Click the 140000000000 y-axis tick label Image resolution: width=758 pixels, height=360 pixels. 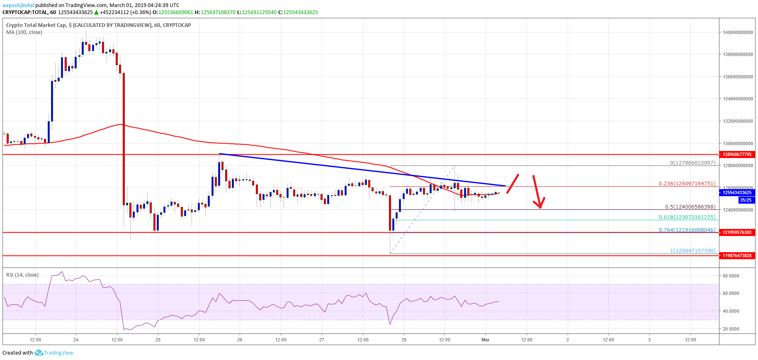tap(738, 32)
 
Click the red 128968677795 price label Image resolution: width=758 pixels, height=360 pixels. tap(737, 154)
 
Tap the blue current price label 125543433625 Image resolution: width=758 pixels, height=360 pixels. tap(737, 192)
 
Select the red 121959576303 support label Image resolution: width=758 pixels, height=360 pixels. tap(737, 232)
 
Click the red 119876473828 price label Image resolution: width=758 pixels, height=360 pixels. tap(737, 255)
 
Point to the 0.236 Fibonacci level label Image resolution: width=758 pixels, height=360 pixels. tap(687, 183)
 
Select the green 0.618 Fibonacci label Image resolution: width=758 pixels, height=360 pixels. tap(687, 217)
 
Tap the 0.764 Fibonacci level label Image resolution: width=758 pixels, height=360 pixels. tap(687, 230)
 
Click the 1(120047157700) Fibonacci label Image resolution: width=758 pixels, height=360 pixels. tap(692, 251)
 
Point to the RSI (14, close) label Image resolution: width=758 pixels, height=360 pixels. tap(22, 275)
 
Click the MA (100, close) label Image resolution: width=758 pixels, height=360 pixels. tap(24, 32)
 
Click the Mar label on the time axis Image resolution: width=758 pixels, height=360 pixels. tap(485, 340)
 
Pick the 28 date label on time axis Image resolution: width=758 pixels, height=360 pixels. tap(403, 340)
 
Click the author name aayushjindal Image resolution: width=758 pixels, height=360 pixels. tap(18, 5)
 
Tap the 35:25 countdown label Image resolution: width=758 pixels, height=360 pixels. tap(745, 200)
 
